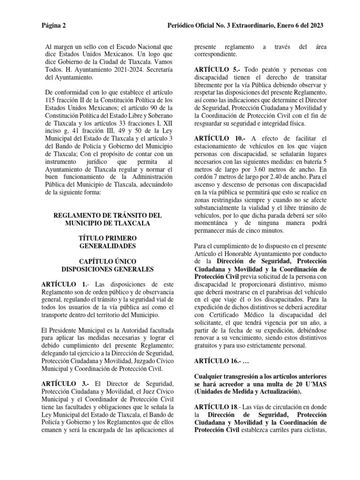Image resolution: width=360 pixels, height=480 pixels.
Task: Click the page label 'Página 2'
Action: [53, 25]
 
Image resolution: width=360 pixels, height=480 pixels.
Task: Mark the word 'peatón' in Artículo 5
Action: [255, 69]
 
